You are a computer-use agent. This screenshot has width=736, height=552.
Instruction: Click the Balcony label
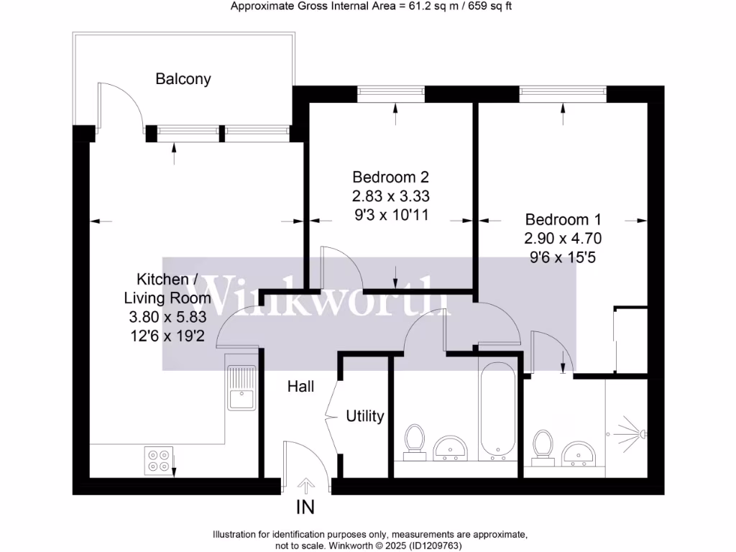[183, 79]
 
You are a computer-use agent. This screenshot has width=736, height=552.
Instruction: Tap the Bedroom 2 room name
[390, 177]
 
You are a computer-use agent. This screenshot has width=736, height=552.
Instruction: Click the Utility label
[365, 416]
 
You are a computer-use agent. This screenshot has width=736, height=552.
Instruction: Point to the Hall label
[301, 387]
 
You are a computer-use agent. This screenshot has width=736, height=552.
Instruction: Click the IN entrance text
[305, 507]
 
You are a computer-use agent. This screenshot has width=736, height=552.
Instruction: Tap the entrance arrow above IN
[305, 485]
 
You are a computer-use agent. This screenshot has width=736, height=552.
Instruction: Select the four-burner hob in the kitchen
[159, 460]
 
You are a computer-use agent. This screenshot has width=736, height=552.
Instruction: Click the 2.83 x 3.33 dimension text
[391, 195]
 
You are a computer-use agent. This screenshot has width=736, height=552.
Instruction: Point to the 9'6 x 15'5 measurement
[563, 257]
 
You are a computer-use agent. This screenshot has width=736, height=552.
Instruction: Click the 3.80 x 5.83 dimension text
[168, 316]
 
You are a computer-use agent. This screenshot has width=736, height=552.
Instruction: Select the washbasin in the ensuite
[581, 453]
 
